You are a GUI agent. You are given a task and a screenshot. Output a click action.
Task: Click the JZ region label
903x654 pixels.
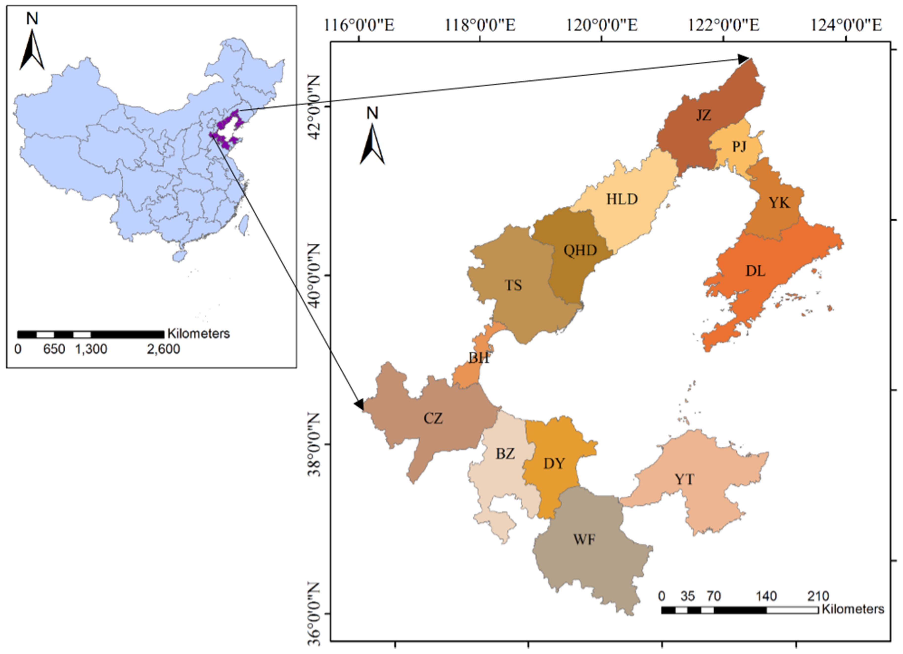(704, 115)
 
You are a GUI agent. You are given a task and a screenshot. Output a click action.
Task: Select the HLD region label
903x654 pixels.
(622, 199)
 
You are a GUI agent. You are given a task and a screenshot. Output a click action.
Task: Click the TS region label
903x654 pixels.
(513, 285)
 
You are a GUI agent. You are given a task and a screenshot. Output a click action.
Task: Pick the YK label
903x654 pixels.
(779, 203)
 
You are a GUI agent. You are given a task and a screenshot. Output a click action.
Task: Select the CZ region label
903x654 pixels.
(433, 419)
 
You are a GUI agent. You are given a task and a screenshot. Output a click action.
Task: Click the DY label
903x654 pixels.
(554, 463)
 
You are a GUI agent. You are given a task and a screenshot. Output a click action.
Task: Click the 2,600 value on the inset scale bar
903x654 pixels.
(163, 349)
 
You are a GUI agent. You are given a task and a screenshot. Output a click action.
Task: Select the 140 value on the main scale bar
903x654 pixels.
(766, 596)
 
